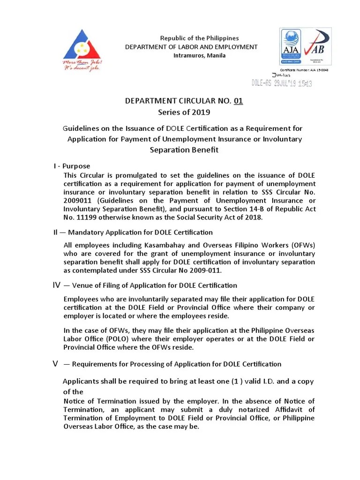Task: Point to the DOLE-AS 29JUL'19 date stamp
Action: tap(282, 83)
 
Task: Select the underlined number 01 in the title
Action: tap(238, 101)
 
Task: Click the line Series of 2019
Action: tap(184, 112)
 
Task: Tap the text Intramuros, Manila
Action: tap(193, 55)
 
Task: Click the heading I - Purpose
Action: tap(71, 166)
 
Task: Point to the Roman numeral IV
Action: tap(56, 285)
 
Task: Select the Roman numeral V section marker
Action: tap(55, 364)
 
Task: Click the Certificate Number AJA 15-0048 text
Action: tap(304, 70)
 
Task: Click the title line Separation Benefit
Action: tap(184, 150)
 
